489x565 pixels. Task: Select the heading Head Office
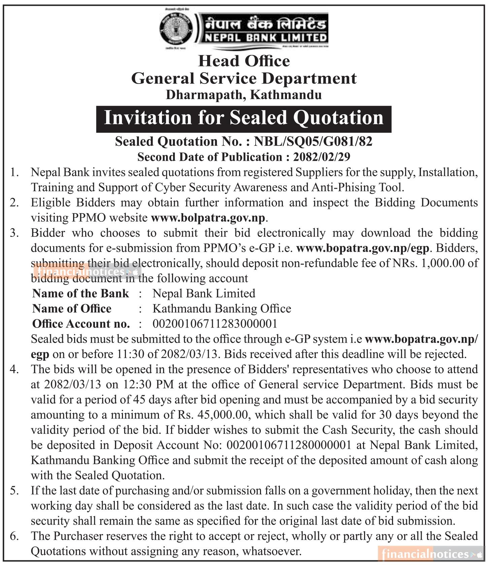click(244, 61)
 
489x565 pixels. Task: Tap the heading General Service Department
click(244, 78)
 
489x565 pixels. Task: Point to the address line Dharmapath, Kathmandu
click(244, 95)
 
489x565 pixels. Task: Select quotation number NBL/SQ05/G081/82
click(313, 142)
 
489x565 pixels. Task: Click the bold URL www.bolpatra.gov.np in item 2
click(208, 218)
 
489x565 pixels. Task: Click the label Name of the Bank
click(80, 293)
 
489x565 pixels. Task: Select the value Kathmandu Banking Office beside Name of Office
click(222, 308)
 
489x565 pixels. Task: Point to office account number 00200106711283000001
click(215, 323)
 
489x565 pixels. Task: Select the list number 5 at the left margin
click(14, 491)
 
